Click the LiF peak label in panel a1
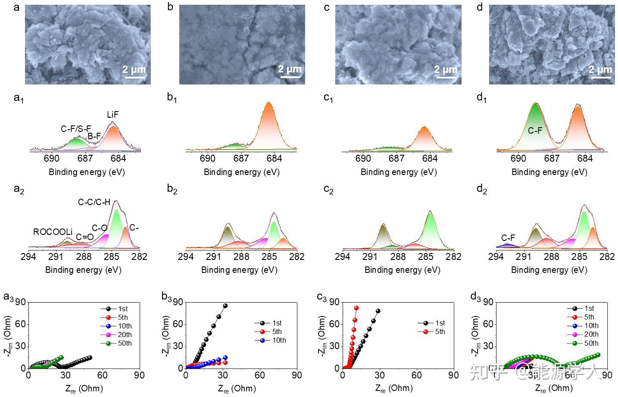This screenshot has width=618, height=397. tap(112, 115)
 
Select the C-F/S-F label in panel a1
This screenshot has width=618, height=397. tap(76, 128)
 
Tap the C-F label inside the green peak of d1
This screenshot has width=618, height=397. tap(535, 130)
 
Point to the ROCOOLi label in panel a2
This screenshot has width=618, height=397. tap(53, 232)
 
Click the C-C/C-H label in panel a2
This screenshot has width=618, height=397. tap(94, 202)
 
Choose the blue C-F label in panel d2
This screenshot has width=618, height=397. tap(508, 238)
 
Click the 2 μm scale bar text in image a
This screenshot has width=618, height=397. tap(134, 69)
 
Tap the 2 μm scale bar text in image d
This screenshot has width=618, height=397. tap(600, 69)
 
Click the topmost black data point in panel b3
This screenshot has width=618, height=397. tap(225, 306)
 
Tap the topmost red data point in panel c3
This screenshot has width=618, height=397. tap(356, 308)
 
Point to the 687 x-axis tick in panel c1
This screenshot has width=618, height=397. tap(396, 159)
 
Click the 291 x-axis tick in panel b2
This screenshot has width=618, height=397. tap(213, 256)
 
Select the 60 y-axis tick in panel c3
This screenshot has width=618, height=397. tap(334, 324)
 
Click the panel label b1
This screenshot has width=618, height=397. tap(172, 98)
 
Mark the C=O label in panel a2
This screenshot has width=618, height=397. tap(84, 237)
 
